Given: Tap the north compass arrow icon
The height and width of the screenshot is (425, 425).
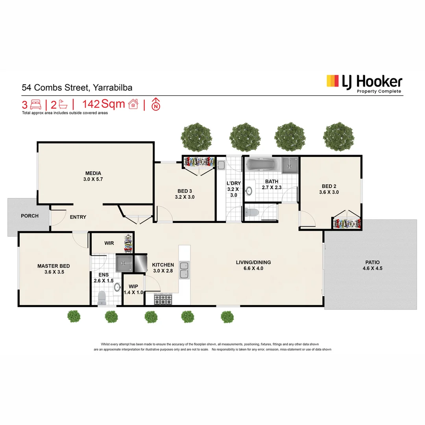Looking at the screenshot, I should coord(156,105).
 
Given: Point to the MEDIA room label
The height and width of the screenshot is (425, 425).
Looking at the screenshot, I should coord(93,173).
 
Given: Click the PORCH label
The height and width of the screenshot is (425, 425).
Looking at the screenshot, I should coord(30,216).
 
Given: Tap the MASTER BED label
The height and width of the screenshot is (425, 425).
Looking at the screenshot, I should coord(54,266).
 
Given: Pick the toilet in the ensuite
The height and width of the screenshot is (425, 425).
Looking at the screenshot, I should coord(102,297).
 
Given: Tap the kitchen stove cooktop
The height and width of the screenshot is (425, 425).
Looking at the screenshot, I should coord(163,300).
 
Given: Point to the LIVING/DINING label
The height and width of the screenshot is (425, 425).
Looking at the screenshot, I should coord(253,262).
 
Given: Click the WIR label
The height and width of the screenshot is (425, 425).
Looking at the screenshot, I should coord(109,243).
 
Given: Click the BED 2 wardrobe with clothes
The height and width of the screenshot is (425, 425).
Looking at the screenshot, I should coord(347,224).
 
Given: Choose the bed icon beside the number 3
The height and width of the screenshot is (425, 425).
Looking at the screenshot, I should coord(36,105).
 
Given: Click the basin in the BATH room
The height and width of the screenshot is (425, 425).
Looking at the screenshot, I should coord(249,191).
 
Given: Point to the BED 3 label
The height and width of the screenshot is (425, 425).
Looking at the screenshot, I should coord(185,191).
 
